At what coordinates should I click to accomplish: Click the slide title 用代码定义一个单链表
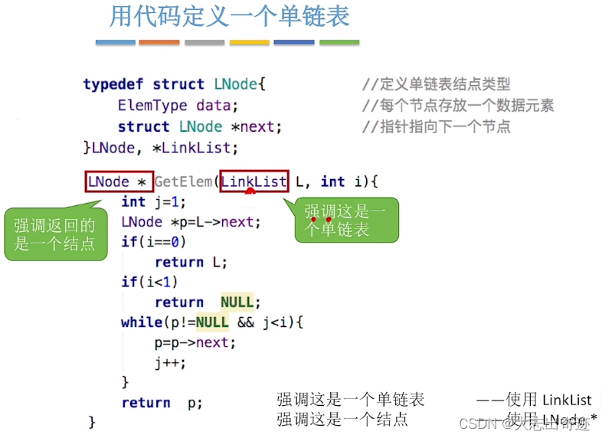point(229,17)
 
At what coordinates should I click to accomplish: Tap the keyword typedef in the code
point(115,84)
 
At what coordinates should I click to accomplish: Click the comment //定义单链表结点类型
point(436,84)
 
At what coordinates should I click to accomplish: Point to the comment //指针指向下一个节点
point(436,127)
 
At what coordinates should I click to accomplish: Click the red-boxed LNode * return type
point(119,182)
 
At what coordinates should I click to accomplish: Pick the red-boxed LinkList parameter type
point(254,182)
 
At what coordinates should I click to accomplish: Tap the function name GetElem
point(184,182)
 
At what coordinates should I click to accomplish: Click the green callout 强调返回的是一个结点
point(56,234)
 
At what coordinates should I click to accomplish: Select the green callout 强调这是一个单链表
point(346,220)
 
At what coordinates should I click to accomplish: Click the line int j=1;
point(153,202)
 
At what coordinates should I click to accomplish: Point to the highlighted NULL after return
point(237,302)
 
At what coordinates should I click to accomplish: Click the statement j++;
point(170,363)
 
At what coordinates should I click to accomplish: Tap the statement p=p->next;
point(195,342)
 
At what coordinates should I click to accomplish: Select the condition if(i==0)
point(153,242)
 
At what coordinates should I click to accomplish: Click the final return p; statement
point(162,403)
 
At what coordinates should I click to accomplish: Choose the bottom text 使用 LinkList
point(536,400)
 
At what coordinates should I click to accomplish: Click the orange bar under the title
point(159,42)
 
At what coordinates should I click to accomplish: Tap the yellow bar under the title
point(250,42)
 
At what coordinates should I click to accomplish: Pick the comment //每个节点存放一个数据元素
point(457,106)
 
